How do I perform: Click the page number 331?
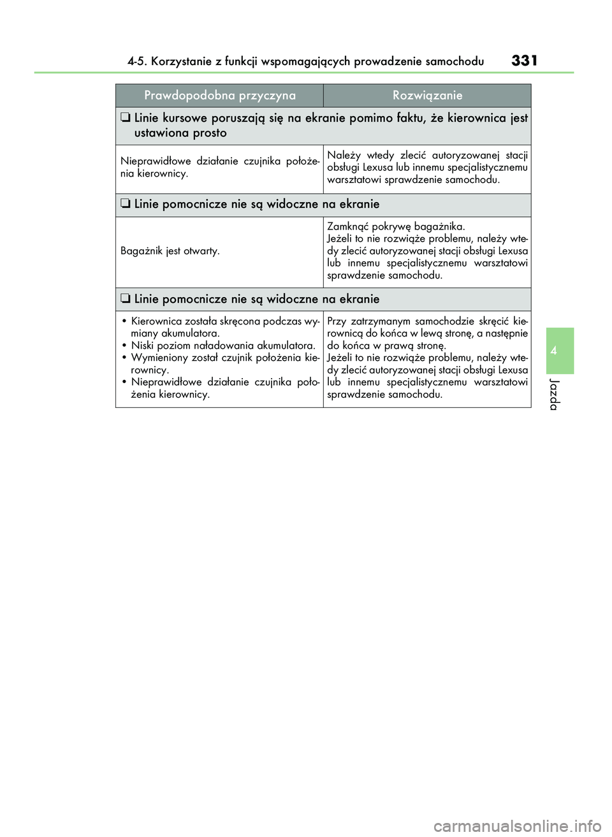(x=524, y=61)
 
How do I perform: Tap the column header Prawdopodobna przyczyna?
(x=220, y=96)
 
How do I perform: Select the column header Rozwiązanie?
(x=427, y=96)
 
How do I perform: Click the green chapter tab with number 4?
(x=560, y=351)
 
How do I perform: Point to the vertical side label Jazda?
(x=555, y=394)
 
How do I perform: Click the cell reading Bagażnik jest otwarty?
(x=170, y=251)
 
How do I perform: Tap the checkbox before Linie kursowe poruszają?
(x=126, y=117)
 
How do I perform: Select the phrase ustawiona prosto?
(x=180, y=133)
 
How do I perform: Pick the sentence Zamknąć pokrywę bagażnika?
(x=396, y=226)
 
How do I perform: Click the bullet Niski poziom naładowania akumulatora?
(x=223, y=346)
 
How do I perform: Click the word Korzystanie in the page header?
(x=181, y=62)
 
